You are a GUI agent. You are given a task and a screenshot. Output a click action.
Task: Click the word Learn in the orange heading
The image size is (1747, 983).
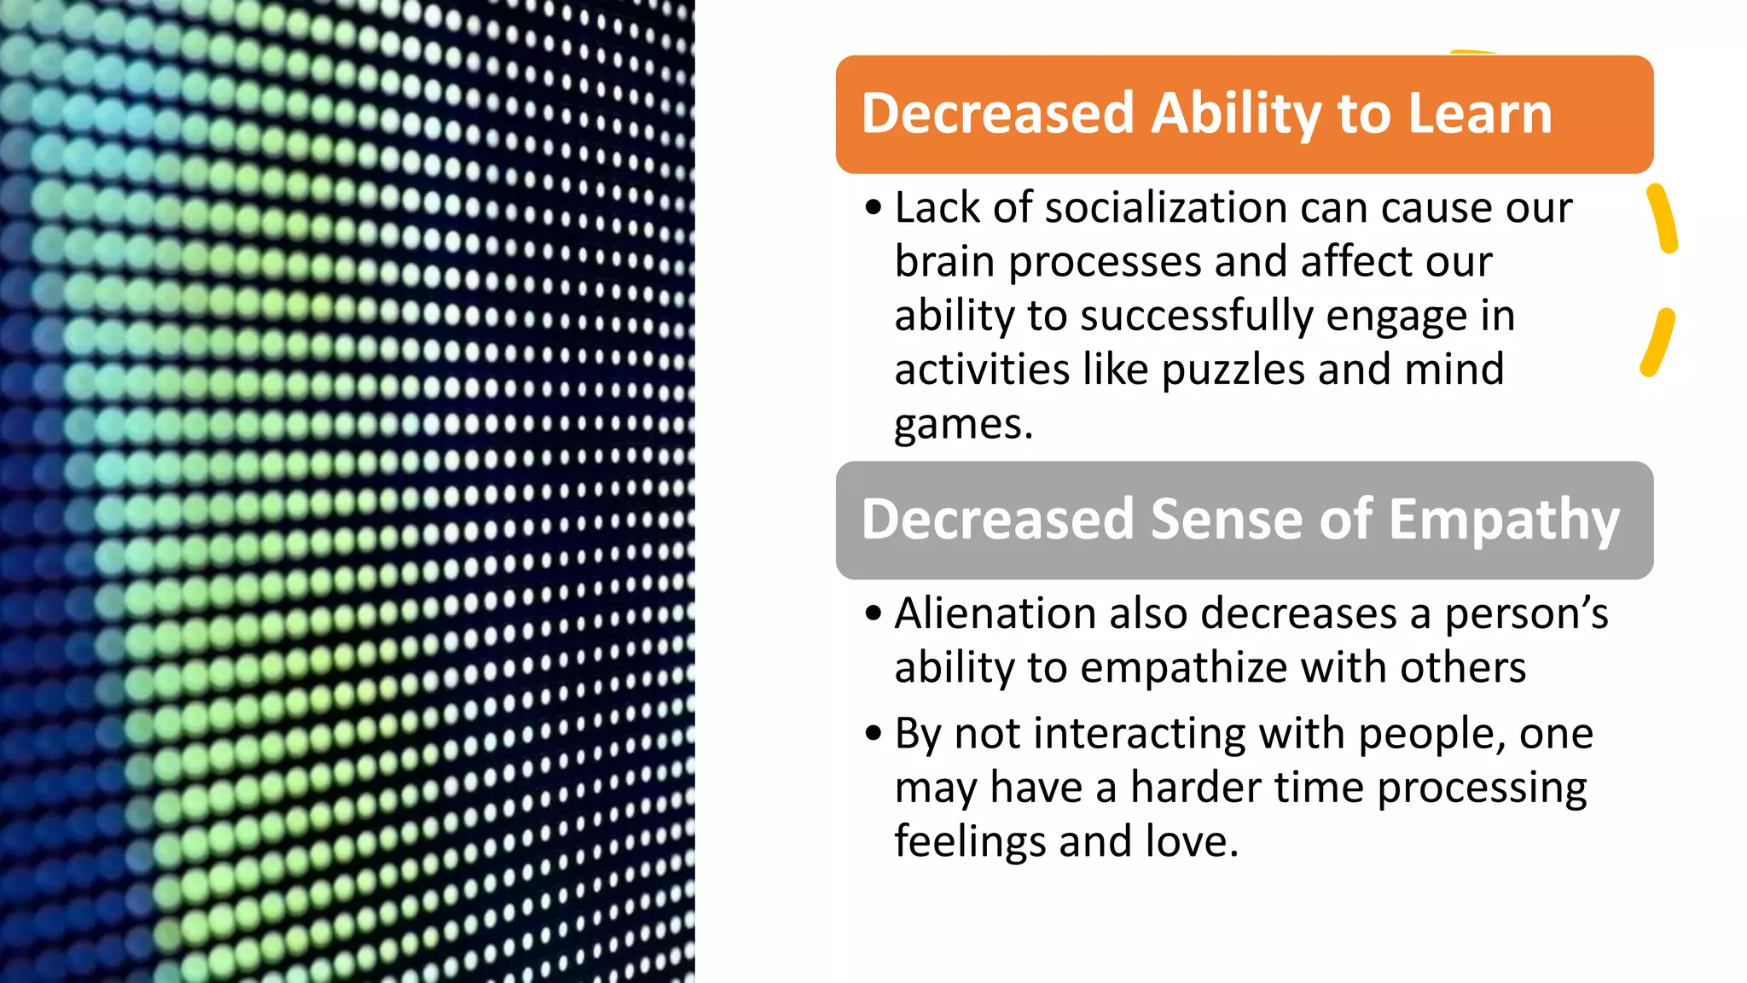click(x=1479, y=113)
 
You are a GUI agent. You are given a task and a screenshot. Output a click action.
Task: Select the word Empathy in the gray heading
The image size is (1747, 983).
click(x=1504, y=520)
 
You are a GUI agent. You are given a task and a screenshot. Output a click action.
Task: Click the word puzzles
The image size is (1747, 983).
click(x=1233, y=370)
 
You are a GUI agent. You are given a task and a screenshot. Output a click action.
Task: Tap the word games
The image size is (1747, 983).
click(x=962, y=424)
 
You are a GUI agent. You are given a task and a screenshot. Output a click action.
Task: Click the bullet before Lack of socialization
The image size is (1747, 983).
click(x=872, y=208)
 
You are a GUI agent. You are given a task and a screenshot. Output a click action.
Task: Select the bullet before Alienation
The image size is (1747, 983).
click(x=872, y=614)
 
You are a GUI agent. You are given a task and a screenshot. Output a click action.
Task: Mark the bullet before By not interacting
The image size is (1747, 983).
click(x=872, y=734)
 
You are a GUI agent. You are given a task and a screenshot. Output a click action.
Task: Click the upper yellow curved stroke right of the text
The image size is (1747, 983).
click(x=1663, y=218)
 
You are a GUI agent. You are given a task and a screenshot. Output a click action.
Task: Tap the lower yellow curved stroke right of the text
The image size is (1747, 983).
click(x=1657, y=342)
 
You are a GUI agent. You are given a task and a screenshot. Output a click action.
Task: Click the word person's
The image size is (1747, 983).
click(x=1525, y=614)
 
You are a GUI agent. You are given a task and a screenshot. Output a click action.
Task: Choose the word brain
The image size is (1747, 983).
click(x=945, y=262)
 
